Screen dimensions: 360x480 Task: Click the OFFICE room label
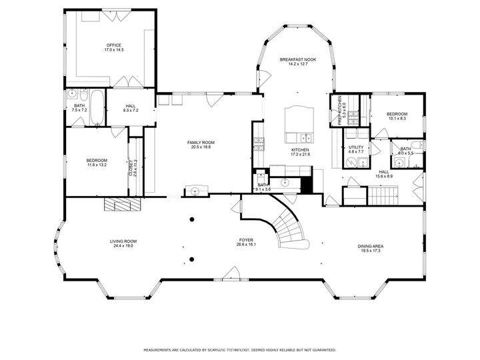tap(114, 45)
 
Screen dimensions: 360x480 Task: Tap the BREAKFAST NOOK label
tap(297, 59)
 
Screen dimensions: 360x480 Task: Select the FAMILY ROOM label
tap(201, 142)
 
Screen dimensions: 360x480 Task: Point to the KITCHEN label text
tap(300, 150)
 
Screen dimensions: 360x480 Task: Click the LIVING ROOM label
tap(123, 241)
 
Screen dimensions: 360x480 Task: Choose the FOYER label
tap(247, 239)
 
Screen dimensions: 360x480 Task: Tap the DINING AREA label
tap(372, 246)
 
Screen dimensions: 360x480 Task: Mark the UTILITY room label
tap(356, 147)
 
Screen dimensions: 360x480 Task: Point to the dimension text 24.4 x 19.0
tap(123, 245)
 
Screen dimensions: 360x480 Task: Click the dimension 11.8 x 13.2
tap(97, 165)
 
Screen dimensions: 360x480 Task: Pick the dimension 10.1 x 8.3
tap(397, 119)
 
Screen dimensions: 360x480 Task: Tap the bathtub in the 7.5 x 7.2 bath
tap(96, 109)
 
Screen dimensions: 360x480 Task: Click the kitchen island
tap(298, 121)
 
